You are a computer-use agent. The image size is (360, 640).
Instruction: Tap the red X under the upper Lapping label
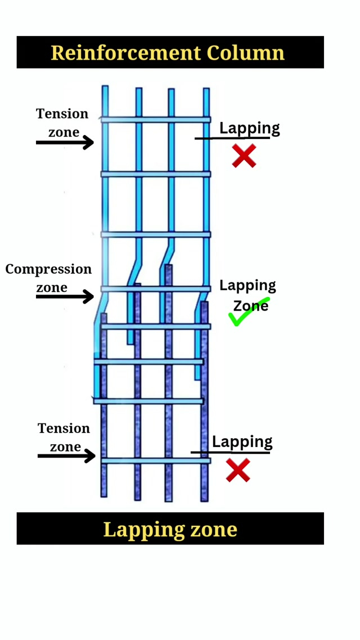click(244, 156)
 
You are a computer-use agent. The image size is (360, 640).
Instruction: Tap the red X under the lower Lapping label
click(238, 470)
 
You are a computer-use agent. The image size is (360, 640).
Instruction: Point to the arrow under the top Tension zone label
click(65, 142)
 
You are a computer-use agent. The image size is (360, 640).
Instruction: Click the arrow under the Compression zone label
click(65, 296)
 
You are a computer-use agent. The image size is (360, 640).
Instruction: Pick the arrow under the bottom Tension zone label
click(66, 456)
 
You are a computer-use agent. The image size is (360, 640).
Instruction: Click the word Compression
click(48, 269)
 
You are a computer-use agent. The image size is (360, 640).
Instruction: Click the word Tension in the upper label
click(62, 114)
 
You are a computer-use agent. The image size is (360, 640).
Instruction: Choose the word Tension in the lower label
click(64, 429)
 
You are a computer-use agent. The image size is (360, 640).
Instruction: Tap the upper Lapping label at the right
click(249, 128)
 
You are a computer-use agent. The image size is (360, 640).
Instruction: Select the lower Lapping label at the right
click(242, 442)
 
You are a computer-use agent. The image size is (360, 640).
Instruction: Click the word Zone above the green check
click(250, 306)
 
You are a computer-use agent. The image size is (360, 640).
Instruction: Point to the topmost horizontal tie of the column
click(156, 120)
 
